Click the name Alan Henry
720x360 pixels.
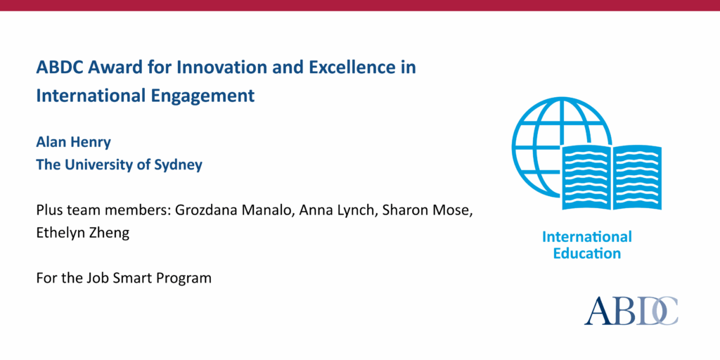[74, 142]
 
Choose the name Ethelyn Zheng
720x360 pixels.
[83, 233]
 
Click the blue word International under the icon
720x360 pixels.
[586, 237]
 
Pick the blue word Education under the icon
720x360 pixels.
[586, 254]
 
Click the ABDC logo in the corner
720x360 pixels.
[631, 310]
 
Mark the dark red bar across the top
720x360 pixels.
[360, 5]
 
